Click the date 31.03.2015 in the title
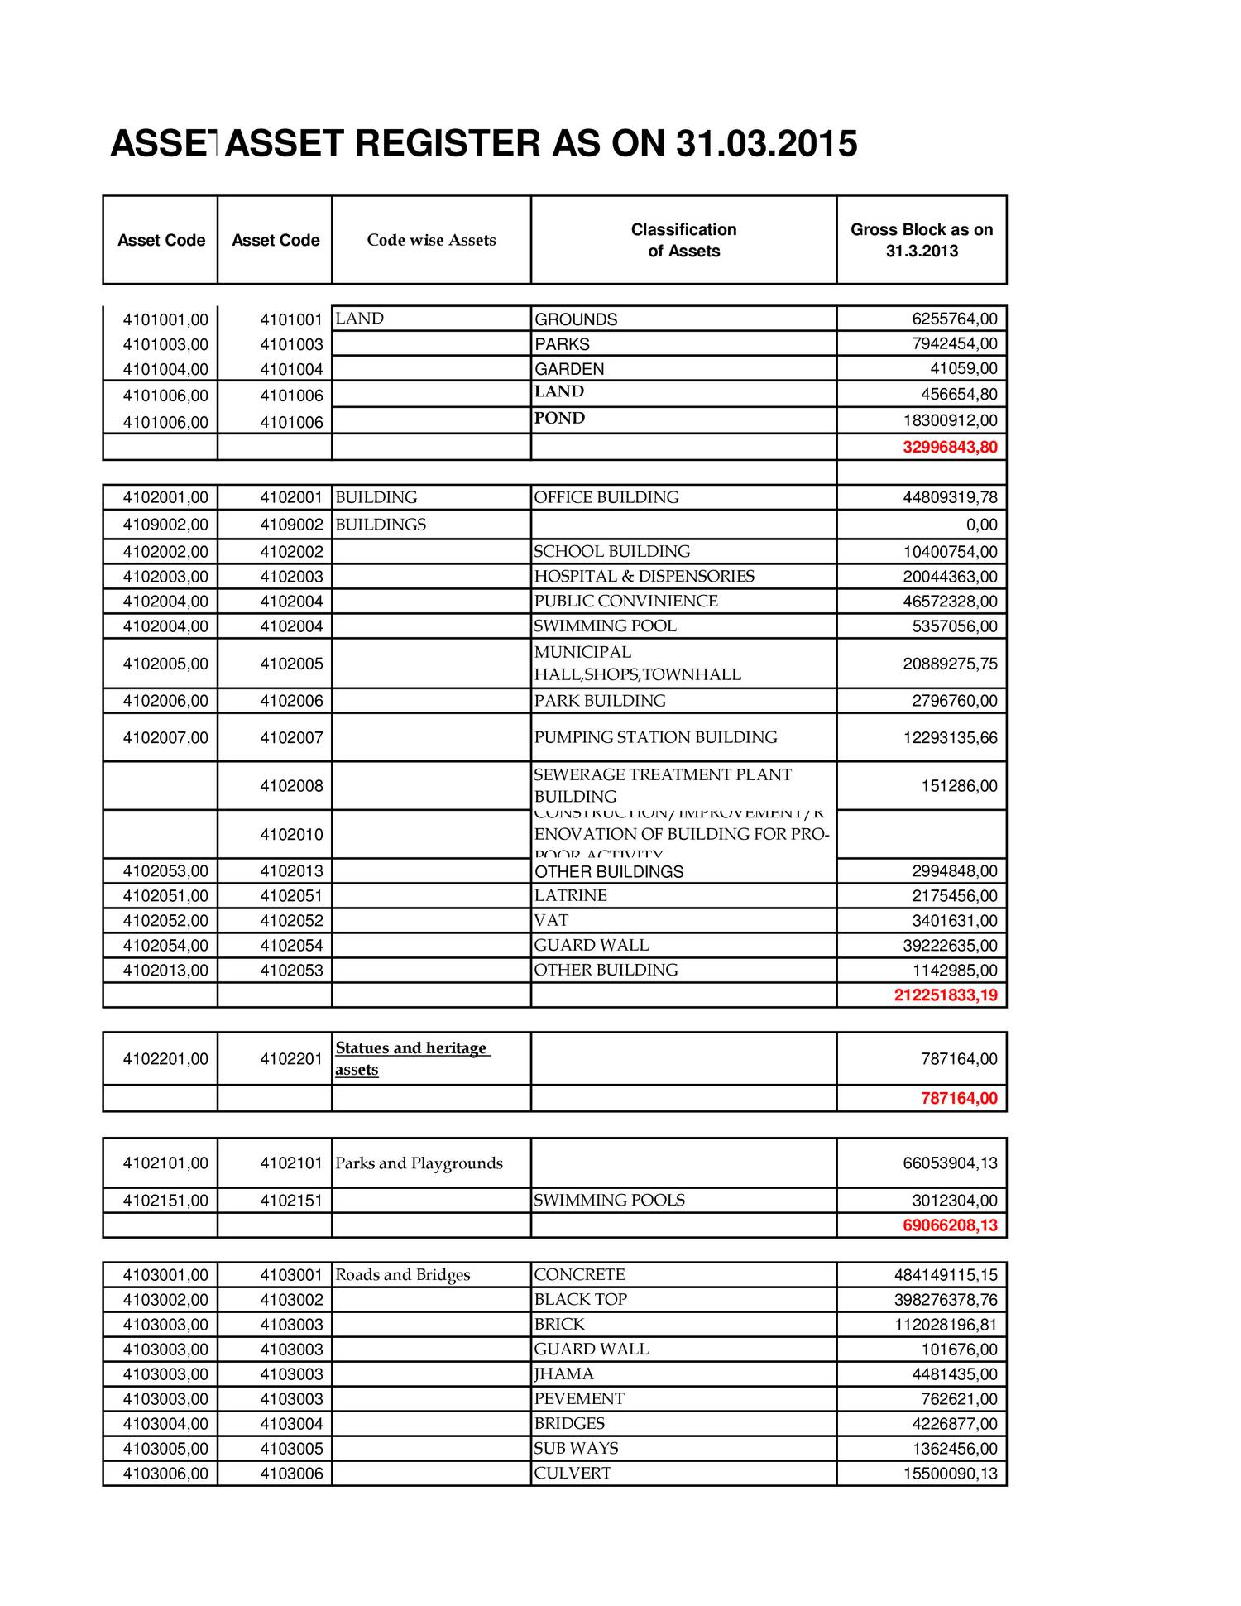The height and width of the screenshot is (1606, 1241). pos(766,144)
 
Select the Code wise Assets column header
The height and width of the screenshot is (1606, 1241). pos(431,240)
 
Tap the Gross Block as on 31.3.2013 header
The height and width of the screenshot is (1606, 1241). pos(921,240)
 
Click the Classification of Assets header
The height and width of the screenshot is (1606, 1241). pos(683,240)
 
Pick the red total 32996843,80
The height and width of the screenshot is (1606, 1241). pos(950,448)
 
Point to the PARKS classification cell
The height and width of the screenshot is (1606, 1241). pos(562,344)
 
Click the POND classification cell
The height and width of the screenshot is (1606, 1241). pos(559,419)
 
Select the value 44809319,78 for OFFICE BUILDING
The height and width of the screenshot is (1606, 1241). pos(950,497)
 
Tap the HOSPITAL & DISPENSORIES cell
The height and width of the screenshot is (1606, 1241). pos(644,576)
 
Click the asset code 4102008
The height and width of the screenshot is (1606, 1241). pos(290,785)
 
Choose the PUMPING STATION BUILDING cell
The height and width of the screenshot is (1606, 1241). pos(655,737)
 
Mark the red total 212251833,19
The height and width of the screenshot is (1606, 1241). pos(946,995)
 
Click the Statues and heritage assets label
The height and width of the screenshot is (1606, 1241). pos(411,1058)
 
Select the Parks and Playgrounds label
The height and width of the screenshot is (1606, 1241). pos(419,1163)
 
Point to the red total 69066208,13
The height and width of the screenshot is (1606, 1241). pos(950,1225)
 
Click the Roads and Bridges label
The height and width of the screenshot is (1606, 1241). pos(402,1274)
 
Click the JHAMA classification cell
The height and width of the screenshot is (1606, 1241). pos(563,1373)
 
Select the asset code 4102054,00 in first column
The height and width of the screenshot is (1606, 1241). pos(165,945)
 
